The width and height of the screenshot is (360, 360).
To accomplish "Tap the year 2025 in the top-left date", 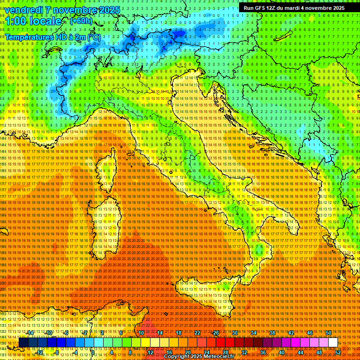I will pyautogui.click(x=109, y=10).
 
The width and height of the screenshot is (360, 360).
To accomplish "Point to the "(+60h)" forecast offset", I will pyautogui.click(x=81, y=21).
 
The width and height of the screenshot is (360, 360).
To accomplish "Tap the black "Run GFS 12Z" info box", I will pyautogui.click(x=294, y=7).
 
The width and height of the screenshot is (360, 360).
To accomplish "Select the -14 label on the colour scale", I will pyautogui.click(x=31, y=333).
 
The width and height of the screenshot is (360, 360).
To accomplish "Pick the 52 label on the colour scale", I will pyautogui.click(x=337, y=352).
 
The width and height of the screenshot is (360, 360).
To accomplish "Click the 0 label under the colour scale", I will pyautogui.click(x=93, y=352).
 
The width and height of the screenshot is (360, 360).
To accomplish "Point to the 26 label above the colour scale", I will pyautogui.click(x=216, y=333).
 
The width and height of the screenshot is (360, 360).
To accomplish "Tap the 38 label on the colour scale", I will pyautogui.click(x=272, y=333).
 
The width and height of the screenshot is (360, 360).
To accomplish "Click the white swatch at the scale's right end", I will pyautogui.click(x=333, y=343).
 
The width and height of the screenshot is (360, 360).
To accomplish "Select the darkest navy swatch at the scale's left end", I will pyautogui.click(x=23, y=343).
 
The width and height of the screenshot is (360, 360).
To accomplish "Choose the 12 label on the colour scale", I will pyautogui.click(x=150, y=352).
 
